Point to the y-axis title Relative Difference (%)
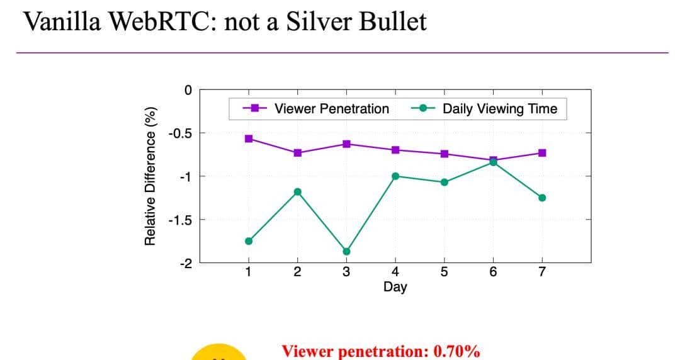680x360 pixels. (x=150, y=176)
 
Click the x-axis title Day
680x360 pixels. (x=395, y=287)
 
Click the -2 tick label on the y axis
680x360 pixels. (x=184, y=263)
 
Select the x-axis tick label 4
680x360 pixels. (x=395, y=273)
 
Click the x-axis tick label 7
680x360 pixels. (x=542, y=273)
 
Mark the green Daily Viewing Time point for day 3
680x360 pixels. (x=346, y=251)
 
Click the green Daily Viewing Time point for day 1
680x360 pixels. (x=249, y=241)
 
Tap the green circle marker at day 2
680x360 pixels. (x=298, y=191)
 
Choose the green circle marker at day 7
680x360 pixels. (x=542, y=198)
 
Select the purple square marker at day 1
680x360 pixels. (x=249, y=138)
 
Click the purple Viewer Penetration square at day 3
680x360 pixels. (x=346, y=144)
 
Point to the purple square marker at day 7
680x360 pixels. (x=542, y=153)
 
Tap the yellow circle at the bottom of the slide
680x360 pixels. (x=219, y=354)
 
